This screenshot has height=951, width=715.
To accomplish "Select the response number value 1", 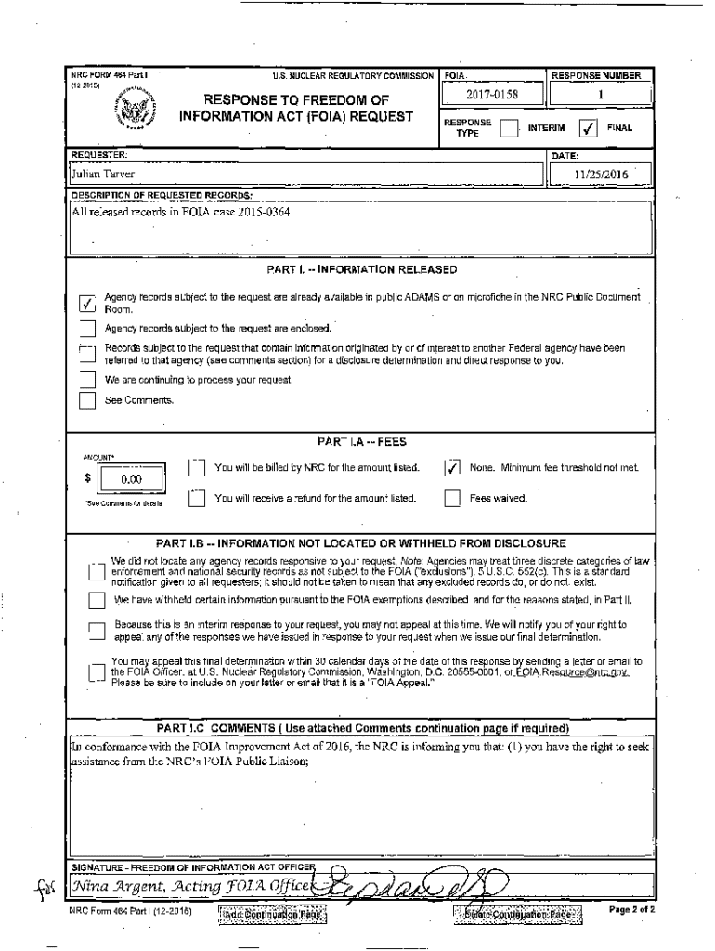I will [601, 94].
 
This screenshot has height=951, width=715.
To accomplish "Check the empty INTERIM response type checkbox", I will [508, 128].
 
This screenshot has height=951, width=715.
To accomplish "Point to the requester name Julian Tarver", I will [104, 174].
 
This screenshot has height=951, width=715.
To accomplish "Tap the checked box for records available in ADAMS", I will [87, 304].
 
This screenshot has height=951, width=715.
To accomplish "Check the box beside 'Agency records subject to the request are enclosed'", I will [87, 329].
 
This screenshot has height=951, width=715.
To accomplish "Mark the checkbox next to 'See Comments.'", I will [87, 401].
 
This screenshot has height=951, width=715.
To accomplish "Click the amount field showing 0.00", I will [123, 480].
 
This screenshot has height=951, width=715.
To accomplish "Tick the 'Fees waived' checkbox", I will [452, 499].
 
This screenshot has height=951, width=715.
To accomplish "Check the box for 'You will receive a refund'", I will [196, 499].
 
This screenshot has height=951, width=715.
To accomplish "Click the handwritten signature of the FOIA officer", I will [418, 880].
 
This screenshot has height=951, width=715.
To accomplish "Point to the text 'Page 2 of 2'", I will [631, 910].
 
